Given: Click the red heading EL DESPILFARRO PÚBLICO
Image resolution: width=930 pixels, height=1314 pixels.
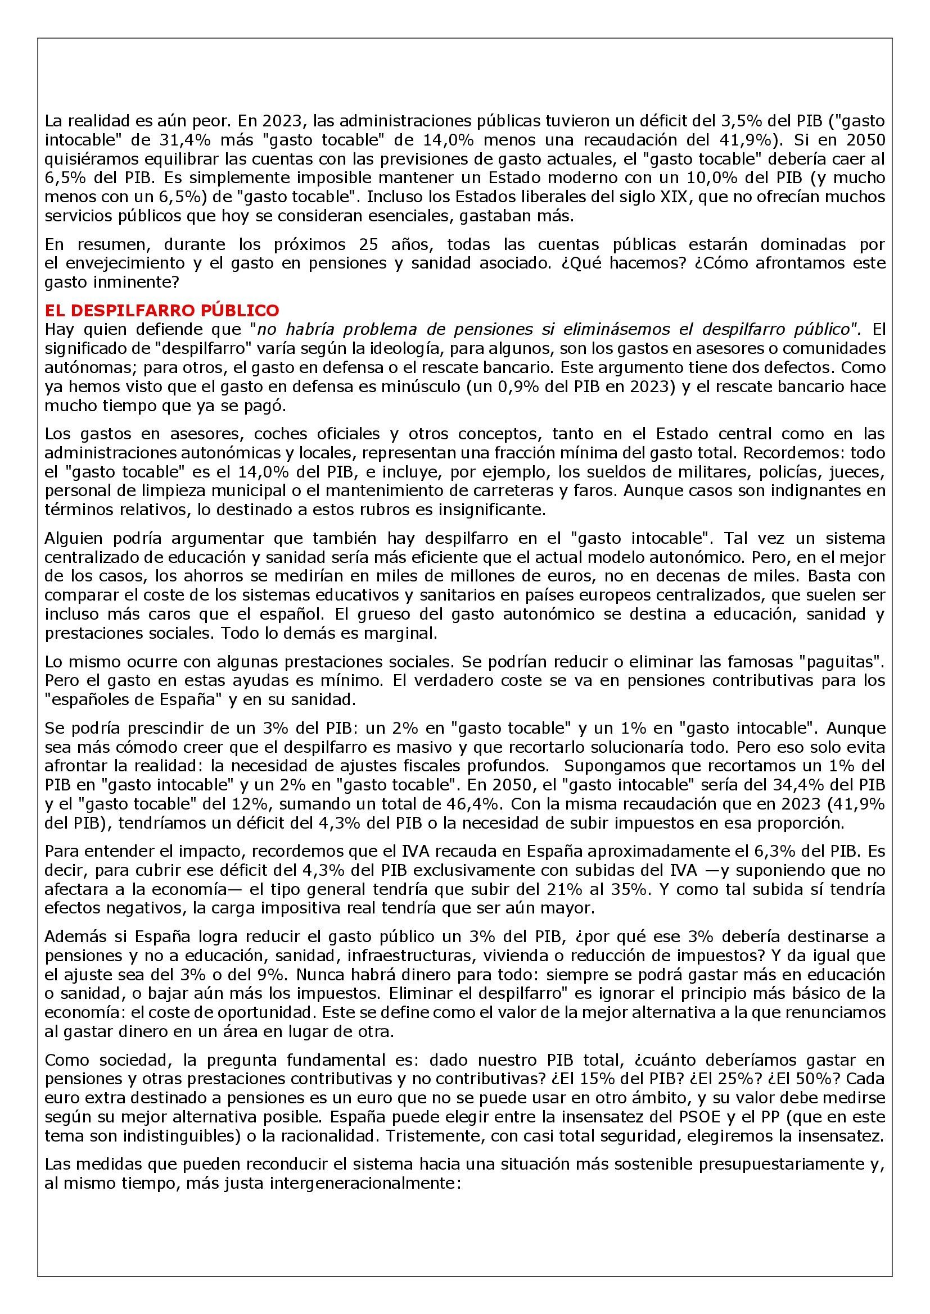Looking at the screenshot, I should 161,310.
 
